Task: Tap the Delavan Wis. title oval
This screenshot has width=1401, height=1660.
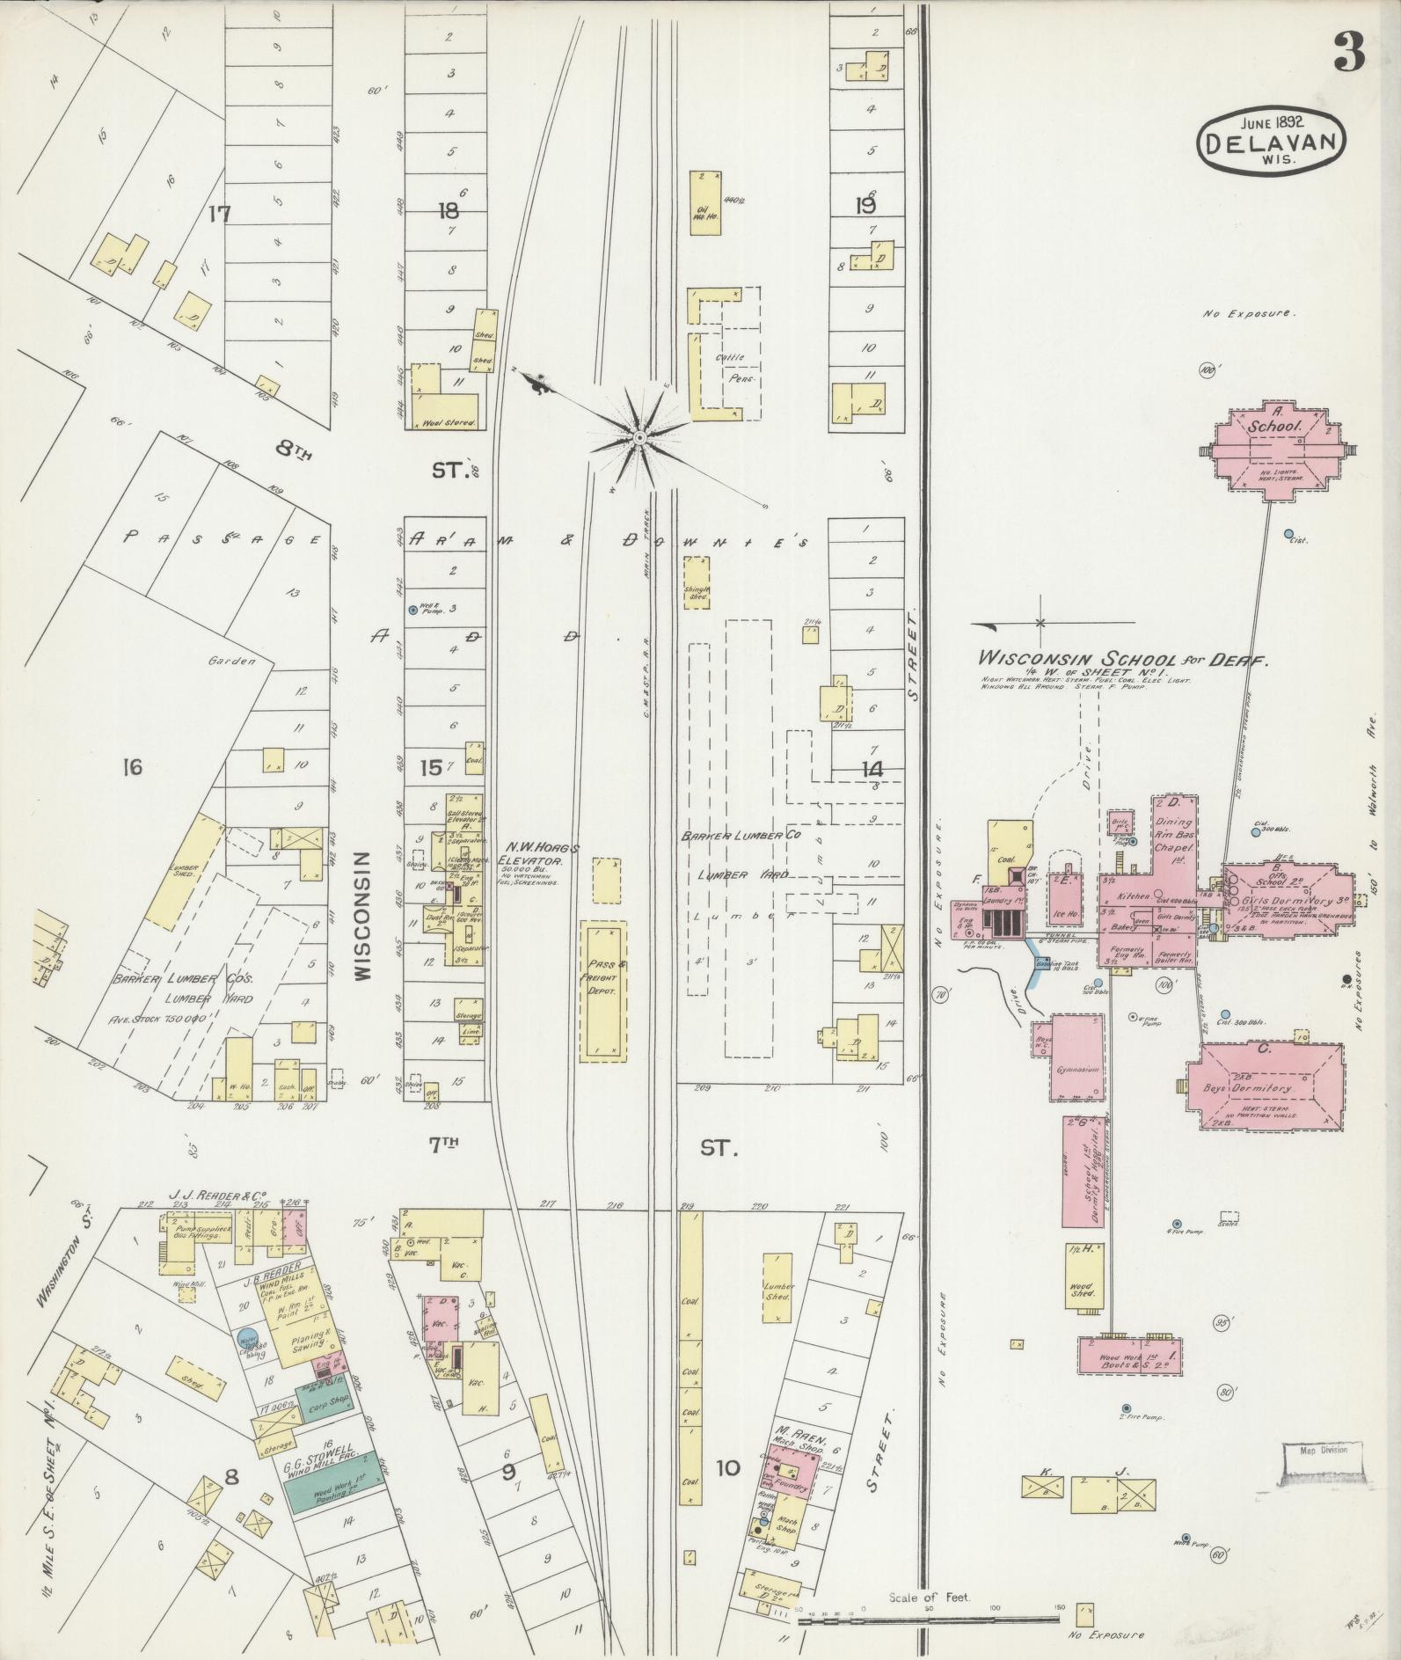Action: point(1273,138)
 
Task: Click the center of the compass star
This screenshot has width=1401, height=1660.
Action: point(640,437)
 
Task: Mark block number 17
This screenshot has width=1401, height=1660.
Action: point(219,213)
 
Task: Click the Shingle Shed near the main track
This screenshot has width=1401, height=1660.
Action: point(697,581)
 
